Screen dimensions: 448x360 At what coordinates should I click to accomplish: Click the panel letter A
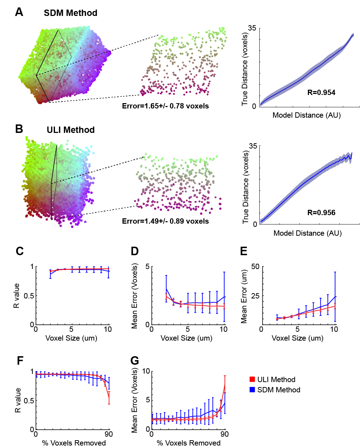coord(19,12)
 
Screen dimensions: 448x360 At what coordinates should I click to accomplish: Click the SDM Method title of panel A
coord(71,13)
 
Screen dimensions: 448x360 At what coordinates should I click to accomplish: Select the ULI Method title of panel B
coord(71,130)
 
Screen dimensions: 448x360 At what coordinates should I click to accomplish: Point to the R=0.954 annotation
coord(321,93)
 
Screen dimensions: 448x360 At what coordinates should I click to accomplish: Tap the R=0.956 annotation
coord(321,213)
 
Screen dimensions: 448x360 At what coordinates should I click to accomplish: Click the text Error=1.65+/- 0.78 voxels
coord(165,106)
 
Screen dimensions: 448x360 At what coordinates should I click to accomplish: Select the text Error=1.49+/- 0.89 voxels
coord(165,221)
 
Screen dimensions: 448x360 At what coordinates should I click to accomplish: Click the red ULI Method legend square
coord(252,380)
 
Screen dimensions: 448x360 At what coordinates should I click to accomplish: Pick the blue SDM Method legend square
coord(252,390)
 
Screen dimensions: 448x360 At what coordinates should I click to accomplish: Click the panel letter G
coord(135,361)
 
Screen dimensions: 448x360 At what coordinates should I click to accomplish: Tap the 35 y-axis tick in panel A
coord(252,28)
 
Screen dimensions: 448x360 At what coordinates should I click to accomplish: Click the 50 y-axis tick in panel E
coord(255,267)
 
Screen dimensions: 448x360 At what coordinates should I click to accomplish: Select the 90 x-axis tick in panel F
coord(109,434)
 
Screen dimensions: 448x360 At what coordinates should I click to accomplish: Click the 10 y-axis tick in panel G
coord(146,371)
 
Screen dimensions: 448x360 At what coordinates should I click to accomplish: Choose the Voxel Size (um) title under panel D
coord(187,338)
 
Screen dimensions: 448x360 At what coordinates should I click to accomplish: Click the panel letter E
coord(244,251)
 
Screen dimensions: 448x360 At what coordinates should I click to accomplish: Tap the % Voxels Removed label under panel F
coord(74,443)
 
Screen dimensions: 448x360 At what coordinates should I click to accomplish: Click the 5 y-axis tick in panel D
coord(147,267)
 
